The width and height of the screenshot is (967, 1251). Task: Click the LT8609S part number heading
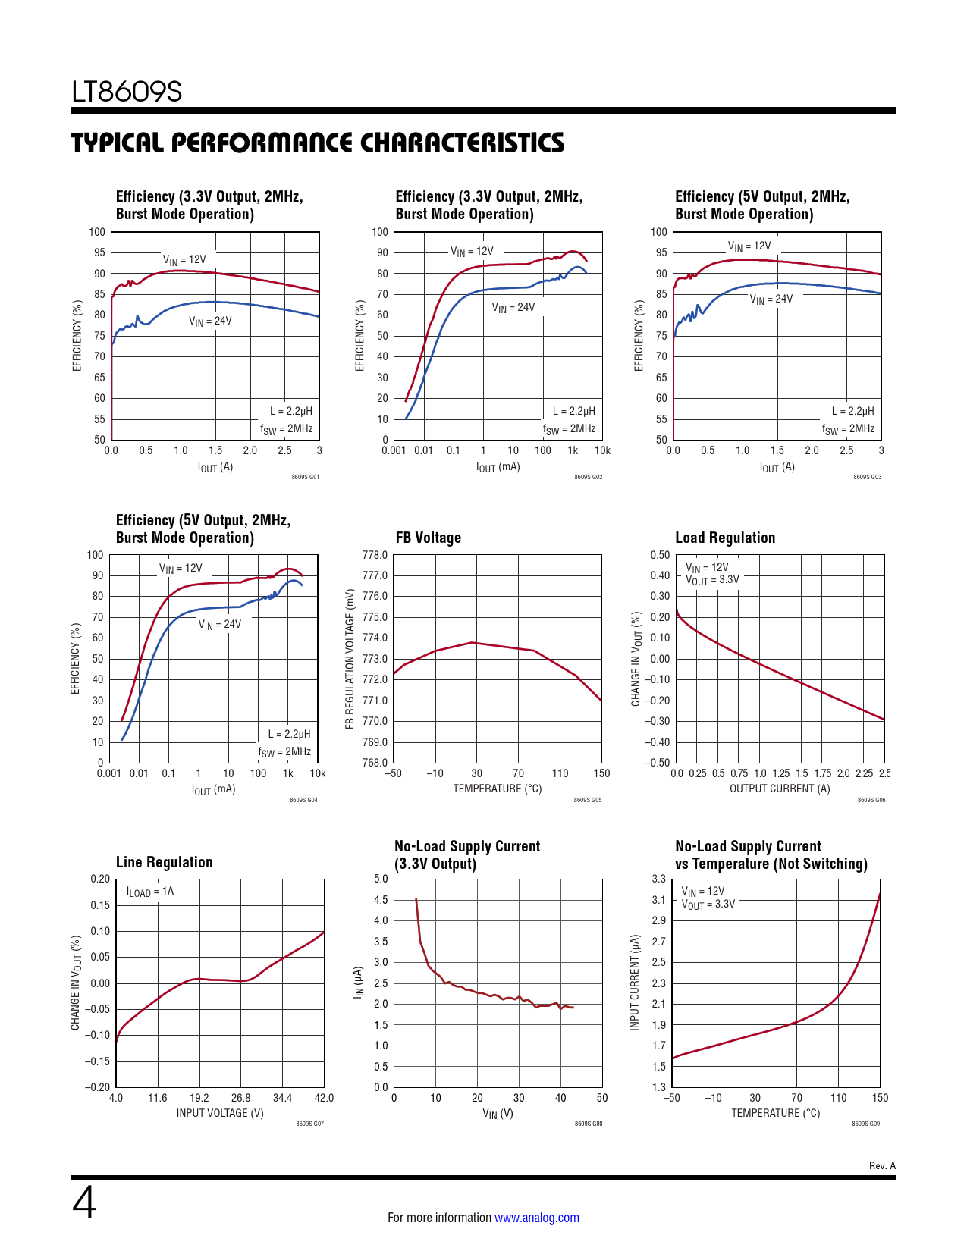(x=127, y=92)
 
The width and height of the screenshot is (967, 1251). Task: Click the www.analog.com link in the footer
(x=536, y=1218)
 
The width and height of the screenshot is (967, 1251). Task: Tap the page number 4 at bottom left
(x=84, y=1203)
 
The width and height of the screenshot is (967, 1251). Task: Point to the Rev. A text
(x=882, y=1165)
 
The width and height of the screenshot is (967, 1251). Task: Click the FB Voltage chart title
(x=428, y=538)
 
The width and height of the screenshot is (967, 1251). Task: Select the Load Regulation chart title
(x=725, y=538)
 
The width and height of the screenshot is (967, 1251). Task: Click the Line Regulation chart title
(x=164, y=862)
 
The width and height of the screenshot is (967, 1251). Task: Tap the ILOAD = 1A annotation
(x=150, y=892)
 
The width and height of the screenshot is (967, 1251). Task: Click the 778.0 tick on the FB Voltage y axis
(x=375, y=555)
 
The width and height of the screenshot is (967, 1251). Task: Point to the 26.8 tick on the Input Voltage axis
(x=240, y=1098)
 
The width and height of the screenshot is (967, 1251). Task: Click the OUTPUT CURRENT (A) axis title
(x=780, y=789)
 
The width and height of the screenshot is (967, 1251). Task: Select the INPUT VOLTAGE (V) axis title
(x=220, y=1113)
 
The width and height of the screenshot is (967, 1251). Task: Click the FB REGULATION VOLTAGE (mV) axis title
(x=350, y=659)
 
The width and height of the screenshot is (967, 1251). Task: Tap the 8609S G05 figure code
(x=588, y=800)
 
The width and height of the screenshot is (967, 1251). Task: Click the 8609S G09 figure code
(x=866, y=1124)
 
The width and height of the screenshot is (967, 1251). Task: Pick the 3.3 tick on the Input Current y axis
(x=658, y=879)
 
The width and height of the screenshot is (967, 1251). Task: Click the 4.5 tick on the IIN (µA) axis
(x=381, y=900)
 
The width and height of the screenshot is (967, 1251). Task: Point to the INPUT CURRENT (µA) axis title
(x=635, y=982)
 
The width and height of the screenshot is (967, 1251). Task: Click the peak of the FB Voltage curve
(x=473, y=642)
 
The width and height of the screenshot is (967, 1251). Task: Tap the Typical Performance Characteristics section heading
(x=318, y=143)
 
